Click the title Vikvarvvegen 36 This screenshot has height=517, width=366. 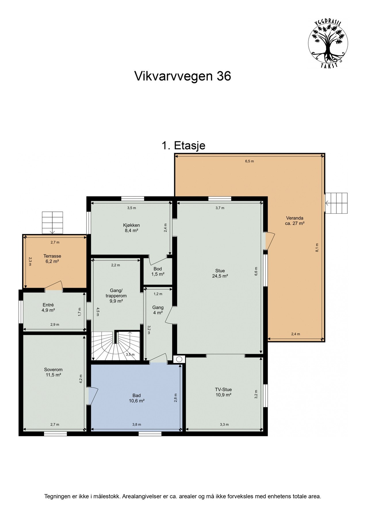click(183, 76)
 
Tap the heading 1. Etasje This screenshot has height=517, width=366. click(183, 146)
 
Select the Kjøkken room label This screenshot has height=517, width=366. click(131, 228)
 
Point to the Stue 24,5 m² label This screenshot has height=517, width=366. click(220, 273)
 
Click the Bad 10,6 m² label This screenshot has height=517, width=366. click(137, 398)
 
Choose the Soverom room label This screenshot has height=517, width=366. click(53, 372)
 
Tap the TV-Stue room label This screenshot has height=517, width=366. click(223, 392)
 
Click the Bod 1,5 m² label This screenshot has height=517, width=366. click(158, 271)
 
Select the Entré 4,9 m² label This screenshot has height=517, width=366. click(48, 307)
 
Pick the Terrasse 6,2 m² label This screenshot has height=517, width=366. click(52, 258)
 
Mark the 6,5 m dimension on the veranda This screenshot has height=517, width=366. click(249, 161)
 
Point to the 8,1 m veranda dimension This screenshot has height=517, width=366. click(317, 247)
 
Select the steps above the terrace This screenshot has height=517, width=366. click(52, 223)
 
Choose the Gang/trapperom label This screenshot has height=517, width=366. click(116, 296)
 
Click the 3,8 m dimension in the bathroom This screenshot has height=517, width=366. click(137, 425)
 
